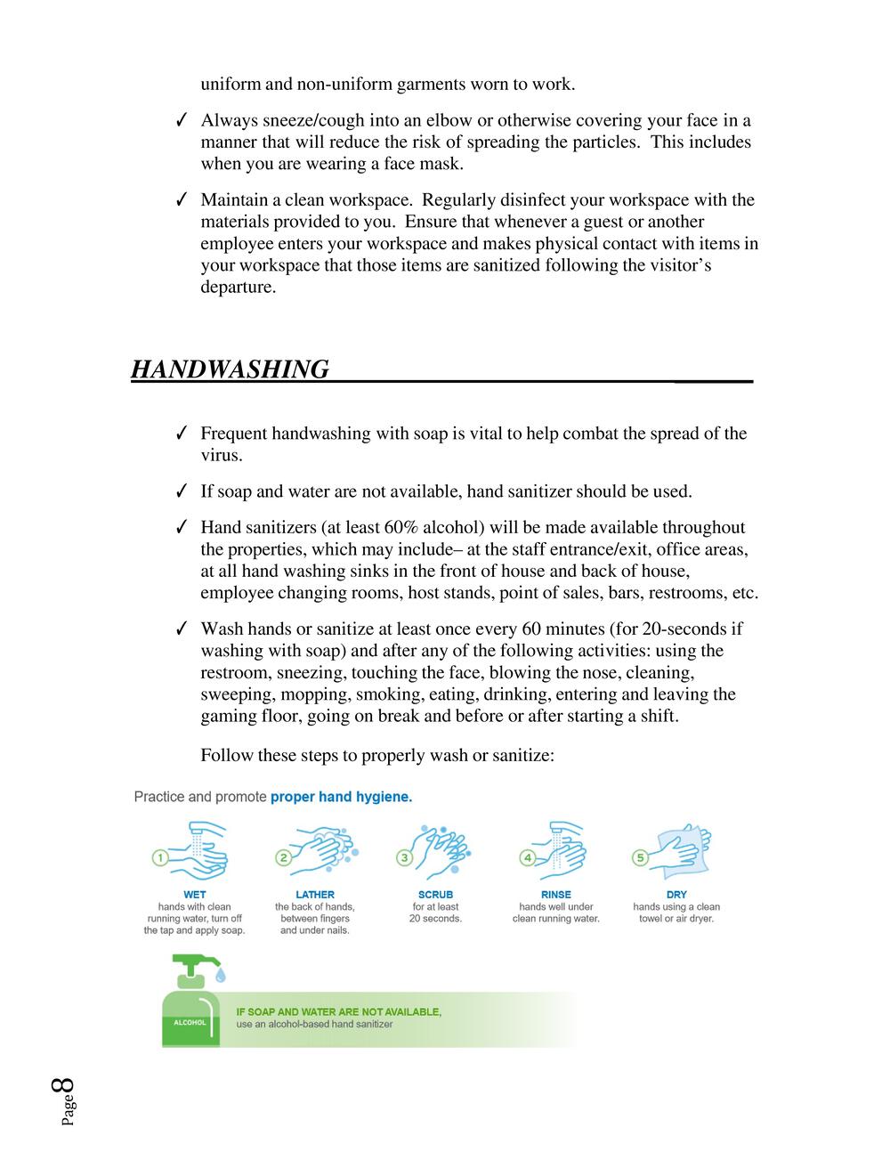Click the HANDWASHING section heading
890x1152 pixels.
(x=230, y=369)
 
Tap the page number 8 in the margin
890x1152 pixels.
(x=64, y=1088)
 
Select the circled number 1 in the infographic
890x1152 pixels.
(x=160, y=857)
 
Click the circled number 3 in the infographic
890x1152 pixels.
(x=404, y=857)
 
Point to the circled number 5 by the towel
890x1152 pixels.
(x=639, y=857)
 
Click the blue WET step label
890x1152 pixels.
(x=194, y=895)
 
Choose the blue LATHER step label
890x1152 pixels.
(x=315, y=895)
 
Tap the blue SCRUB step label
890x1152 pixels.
(x=435, y=895)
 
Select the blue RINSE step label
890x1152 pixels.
(x=556, y=895)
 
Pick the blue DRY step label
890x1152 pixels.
(x=676, y=895)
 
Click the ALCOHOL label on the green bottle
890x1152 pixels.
(x=189, y=1023)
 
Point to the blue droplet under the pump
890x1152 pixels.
(x=221, y=978)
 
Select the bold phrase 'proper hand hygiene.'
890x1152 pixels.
(x=341, y=797)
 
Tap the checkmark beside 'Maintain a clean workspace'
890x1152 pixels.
(x=181, y=200)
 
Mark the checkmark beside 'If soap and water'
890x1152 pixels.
(x=181, y=491)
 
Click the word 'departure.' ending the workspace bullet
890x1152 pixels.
(x=238, y=288)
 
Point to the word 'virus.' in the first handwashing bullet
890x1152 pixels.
(x=222, y=455)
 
